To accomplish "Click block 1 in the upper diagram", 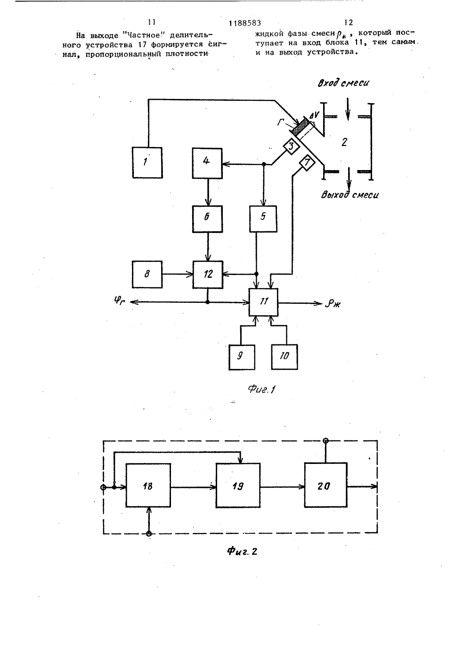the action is [147, 162].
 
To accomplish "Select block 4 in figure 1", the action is [207, 163].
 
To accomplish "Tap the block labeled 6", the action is [207, 219].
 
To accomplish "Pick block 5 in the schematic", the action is [263, 219].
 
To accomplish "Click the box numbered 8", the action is [147, 275].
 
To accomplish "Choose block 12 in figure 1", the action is [208, 275].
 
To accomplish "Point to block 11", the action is [263, 302].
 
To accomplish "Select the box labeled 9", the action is [242, 357].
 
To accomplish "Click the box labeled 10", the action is [284, 357].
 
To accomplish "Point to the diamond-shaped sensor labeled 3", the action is [291, 146].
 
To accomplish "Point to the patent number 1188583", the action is [245, 23].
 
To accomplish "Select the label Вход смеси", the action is [343, 83].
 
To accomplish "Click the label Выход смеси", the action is [349, 195].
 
